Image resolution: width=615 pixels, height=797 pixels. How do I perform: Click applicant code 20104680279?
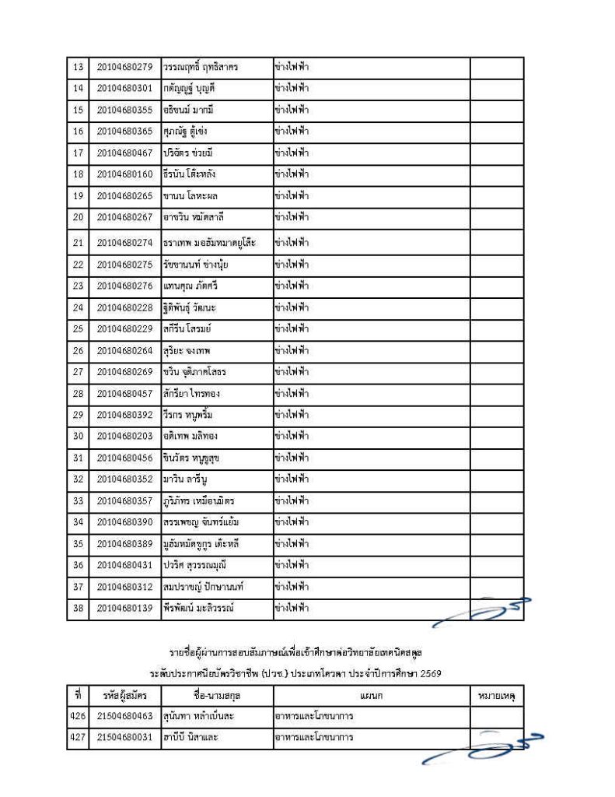(x=124, y=68)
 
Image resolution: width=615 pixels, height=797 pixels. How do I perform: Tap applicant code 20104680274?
(x=124, y=243)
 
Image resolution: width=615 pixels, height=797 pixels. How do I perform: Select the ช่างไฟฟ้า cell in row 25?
(x=292, y=329)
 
